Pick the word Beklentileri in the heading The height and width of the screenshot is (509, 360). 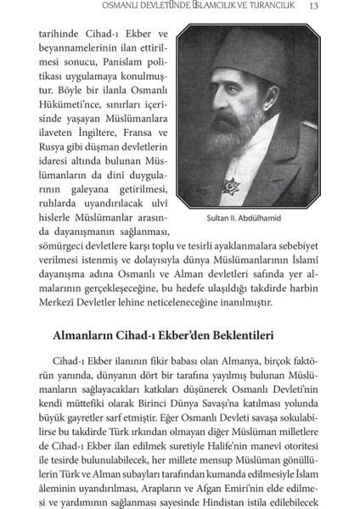239,334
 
